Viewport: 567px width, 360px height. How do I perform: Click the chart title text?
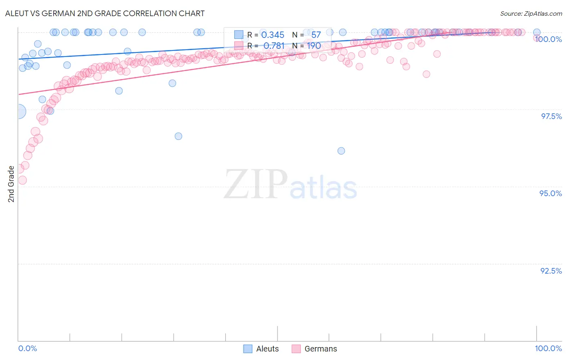pos(105,13)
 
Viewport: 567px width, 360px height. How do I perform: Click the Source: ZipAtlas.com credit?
pos(531,13)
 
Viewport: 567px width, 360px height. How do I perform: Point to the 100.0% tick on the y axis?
pos(548,39)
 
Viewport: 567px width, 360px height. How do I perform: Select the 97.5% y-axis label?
pos(551,116)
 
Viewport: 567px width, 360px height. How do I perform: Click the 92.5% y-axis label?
pos(551,271)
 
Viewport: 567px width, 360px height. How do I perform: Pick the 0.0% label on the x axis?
pos(28,348)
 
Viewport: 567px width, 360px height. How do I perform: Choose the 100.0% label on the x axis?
pos(548,348)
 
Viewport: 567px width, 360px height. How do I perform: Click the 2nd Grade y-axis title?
pos(11,184)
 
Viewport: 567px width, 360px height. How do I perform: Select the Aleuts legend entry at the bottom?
pos(261,349)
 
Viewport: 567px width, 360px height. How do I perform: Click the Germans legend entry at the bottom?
pos(314,349)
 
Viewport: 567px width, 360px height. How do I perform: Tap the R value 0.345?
pos(273,35)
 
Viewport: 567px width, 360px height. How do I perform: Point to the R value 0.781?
pos(274,46)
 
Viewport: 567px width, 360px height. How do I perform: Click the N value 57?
pos(316,35)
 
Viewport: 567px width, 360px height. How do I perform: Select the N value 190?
pos(314,46)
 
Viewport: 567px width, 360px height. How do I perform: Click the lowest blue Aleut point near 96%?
pos(341,151)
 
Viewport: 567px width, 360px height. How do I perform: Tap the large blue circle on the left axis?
pos(19,111)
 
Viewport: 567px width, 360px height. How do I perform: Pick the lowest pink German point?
pos(22,180)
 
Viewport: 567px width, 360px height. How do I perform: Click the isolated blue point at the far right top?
pos(537,32)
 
